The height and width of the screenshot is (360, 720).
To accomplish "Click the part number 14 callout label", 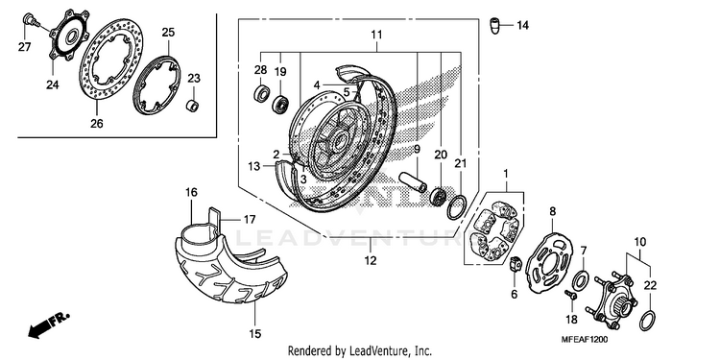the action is pyautogui.click(x=522, y=25).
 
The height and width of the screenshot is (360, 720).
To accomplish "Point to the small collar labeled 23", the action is pyautogui.click(x=192, y=106).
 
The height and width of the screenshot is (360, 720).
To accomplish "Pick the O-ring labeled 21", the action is pyautogui.click(x=456, y=207).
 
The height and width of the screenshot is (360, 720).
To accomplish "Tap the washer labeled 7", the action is pyautogui.click(x=582, y=279).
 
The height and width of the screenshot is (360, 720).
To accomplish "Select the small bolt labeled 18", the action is pyautogui.click(x=571, y=295).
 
